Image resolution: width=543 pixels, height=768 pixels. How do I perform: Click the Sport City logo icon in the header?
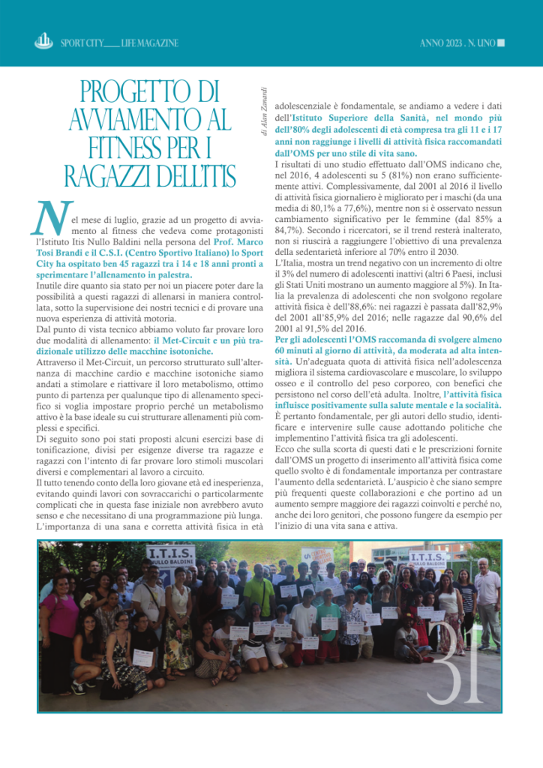(x=43, y=42)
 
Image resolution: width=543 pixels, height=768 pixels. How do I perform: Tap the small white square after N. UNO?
(x=501, y=43)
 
